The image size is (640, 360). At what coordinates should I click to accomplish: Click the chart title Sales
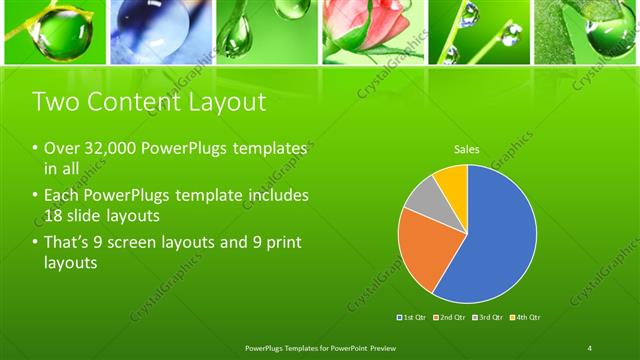tap(467, 150)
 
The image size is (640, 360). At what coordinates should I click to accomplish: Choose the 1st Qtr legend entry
tap(413, 317)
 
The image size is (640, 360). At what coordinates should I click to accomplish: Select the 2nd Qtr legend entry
tap(450, 317)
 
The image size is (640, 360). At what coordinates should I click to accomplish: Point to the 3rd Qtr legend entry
tap(487, 317)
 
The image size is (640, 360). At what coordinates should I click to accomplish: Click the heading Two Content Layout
tap(150, 101)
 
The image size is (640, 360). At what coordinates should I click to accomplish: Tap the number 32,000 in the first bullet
tap(106, 148)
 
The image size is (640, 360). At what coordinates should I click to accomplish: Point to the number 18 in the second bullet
tap(54, 216)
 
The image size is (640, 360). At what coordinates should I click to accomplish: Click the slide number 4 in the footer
tap(590, 347)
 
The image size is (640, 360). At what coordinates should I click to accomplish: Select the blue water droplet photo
tap(160, 32)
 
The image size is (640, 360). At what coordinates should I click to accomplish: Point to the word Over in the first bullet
tap(61, 148)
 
